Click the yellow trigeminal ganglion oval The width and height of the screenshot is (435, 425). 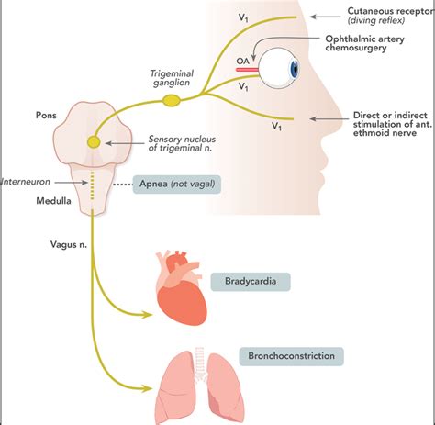[x=172, y=98]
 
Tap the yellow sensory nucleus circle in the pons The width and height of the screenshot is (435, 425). [x=94, y=142]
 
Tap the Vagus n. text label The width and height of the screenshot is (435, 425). [x=45, y=245]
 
